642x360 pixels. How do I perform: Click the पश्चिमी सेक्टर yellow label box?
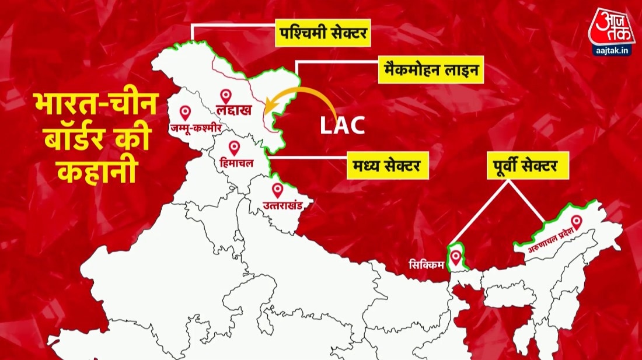click(322, 34)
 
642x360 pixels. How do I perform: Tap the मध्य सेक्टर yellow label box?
click(386, 166)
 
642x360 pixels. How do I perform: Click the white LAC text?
click(342, 125)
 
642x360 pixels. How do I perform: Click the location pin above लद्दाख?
click(225, 96)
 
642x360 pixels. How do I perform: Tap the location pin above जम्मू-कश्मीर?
click(186, 112)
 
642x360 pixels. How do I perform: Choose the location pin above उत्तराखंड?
click(277, 190)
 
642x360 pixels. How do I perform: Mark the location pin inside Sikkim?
click(455, 257)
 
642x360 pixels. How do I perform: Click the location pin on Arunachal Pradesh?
click(577, 222)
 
